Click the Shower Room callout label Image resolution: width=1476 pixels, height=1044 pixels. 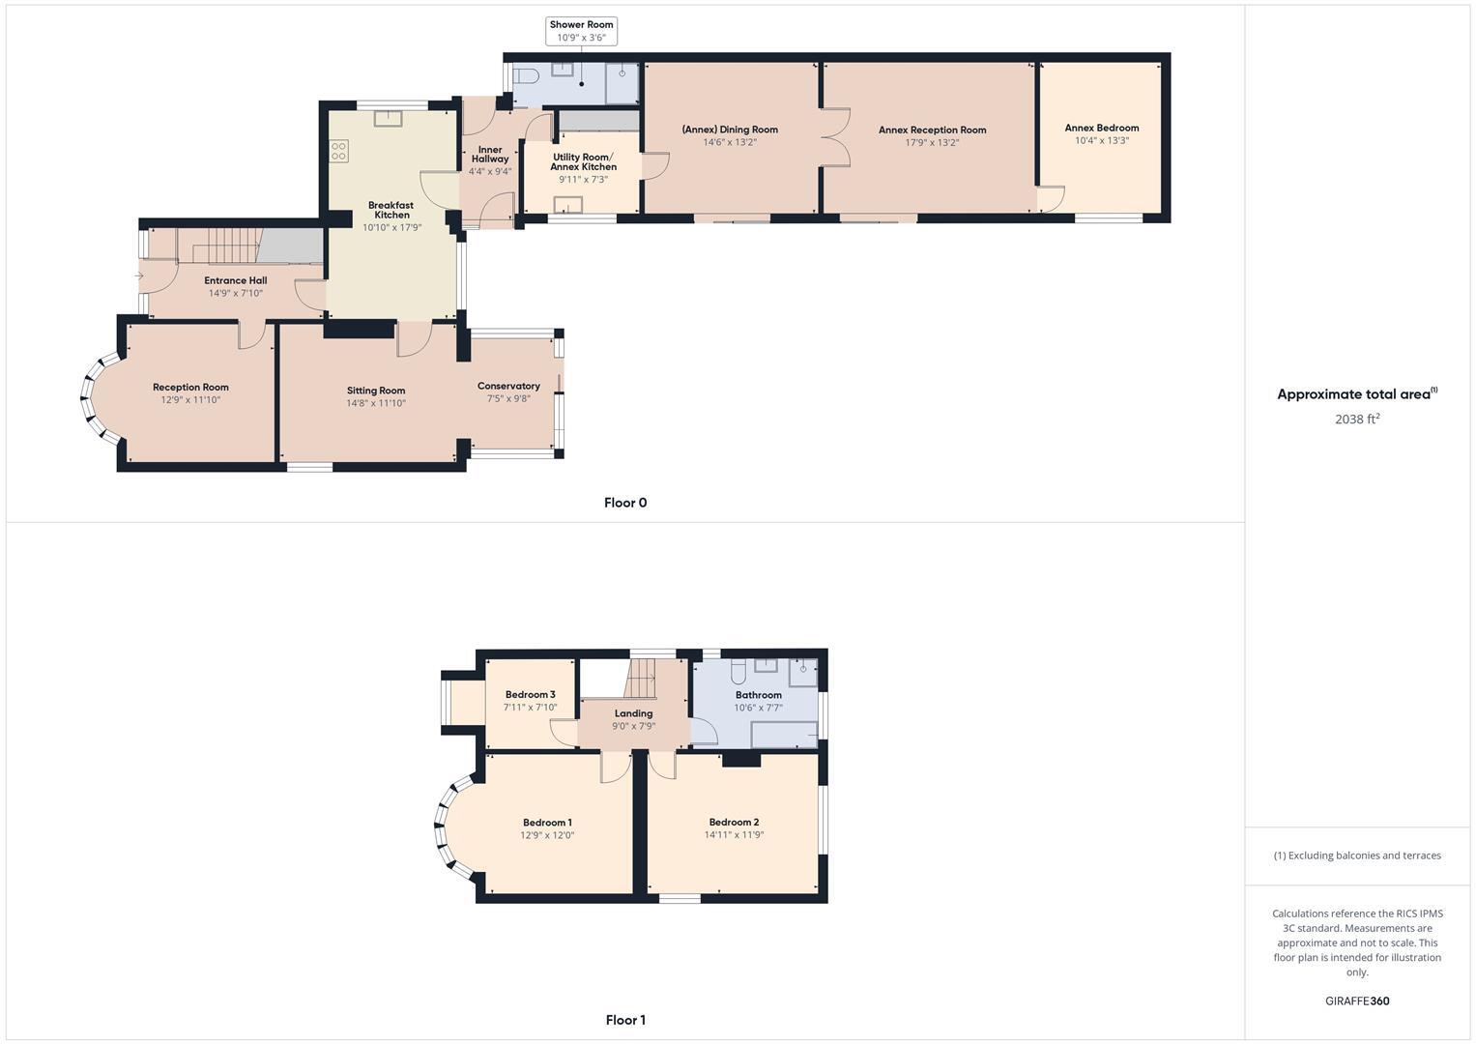coord(581,25)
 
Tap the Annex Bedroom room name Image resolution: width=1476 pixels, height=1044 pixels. coord(1101,128)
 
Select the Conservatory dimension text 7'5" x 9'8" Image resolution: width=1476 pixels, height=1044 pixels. coord(508,398)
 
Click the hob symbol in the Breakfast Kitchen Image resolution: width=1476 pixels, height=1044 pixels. coord(339,151)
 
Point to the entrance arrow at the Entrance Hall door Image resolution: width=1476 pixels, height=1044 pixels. coord(139,276)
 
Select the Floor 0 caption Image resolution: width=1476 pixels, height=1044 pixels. coord(625,503)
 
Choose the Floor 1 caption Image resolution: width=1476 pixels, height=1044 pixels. coord(625,1020)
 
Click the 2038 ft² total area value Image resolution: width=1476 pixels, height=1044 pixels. coord(1356,419)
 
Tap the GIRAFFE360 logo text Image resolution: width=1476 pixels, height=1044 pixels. coord(1356,1000)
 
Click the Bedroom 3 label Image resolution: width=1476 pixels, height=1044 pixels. coord(530,694)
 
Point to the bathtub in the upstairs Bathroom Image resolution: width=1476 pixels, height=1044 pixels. coord(784,736)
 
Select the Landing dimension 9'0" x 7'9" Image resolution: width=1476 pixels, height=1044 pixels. coord(633,726)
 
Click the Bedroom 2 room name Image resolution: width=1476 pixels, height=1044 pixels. coord(734,822)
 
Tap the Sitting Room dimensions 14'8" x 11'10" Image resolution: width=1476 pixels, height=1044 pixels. coord(376,403)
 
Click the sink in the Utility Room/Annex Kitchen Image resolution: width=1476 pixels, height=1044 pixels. coord(568,204)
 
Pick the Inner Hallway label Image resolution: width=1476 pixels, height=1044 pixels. coord(490,155)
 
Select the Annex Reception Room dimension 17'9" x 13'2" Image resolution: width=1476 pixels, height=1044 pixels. coord(932,142)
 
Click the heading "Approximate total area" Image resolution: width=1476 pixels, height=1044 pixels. coord(1353,394)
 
